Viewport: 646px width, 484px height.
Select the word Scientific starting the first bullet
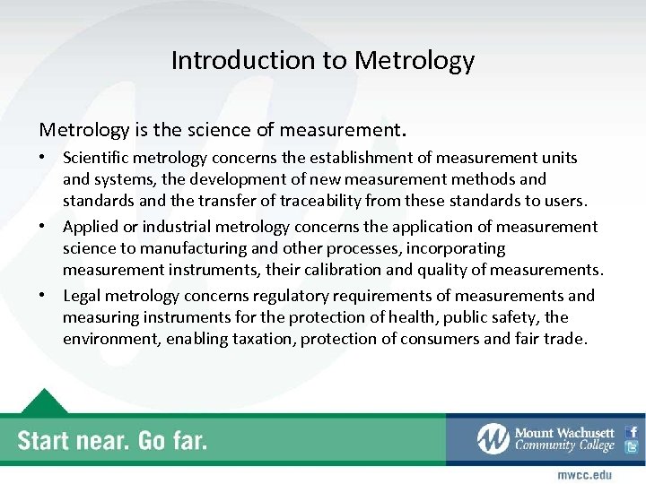[94, 158]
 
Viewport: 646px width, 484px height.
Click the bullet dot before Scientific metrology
[43, 158]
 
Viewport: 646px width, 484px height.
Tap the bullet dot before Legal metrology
[43, 296]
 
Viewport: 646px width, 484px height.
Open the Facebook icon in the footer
[632, 431]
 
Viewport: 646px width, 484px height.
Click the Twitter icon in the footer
[632, 447]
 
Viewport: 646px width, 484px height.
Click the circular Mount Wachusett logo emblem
[493, 438]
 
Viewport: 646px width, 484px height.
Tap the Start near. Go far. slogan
[112, 440]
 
